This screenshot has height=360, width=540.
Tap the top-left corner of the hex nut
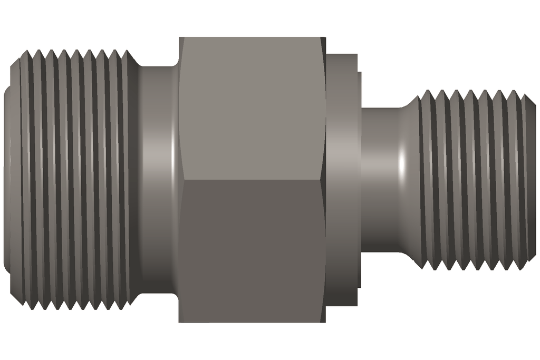coord(180,38)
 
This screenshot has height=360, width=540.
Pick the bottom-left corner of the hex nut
coord(180,322)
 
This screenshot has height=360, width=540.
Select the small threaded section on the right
coord(475,179)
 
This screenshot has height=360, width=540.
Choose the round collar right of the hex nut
coord(343,179)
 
